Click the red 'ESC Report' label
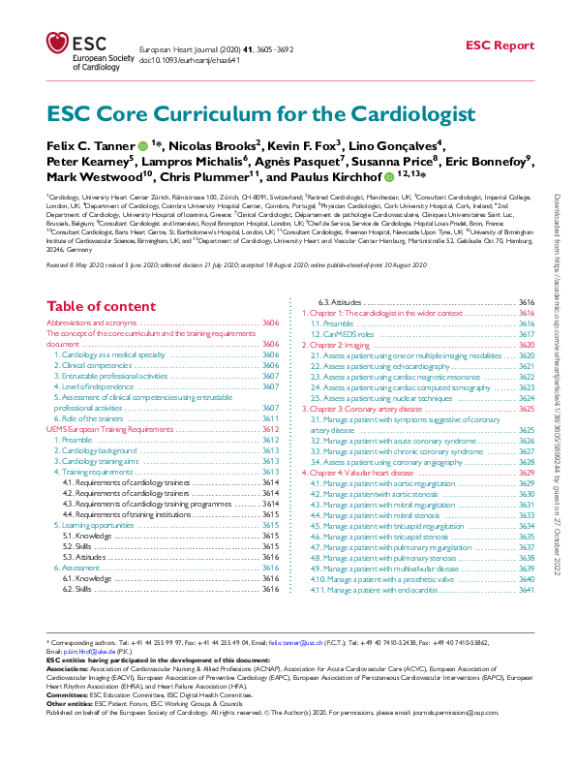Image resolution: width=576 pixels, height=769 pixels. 500,46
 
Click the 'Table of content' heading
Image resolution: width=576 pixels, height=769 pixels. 100,307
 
